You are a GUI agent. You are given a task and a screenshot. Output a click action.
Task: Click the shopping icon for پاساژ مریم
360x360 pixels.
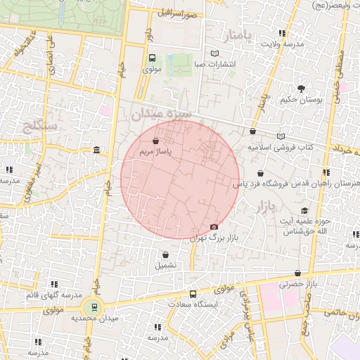click(x=155, y=141)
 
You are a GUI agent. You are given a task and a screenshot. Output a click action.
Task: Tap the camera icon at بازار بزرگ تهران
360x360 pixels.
click(x=214, y=226)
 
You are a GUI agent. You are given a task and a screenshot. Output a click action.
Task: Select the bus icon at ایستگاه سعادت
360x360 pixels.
click(x=193, y=295)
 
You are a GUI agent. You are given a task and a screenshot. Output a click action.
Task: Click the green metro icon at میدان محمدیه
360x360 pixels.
click(x=91, y=307)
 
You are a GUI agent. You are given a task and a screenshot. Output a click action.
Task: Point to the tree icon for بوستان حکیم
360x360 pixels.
click(x=301, y=89)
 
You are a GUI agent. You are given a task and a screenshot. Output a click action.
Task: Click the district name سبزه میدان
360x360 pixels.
click(x=161, y=115)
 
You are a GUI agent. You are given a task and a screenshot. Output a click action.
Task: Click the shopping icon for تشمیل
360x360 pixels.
click(x=165, y=255)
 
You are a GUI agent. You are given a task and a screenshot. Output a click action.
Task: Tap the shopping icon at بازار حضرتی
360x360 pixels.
click(x=298, y=274)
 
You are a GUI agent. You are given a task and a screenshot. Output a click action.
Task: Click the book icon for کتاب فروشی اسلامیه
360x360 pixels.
click(x=282, y=136)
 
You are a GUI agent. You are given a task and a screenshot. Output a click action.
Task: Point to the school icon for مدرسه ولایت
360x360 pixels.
click(x=282, y=33)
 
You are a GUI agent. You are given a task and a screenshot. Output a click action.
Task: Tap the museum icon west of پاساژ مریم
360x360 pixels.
click(x=96, y=150)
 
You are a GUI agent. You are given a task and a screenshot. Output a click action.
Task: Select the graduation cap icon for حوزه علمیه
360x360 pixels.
click(x=304, y=210)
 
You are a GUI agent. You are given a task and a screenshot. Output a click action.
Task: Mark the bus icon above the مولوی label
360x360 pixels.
click(x=153, y=58)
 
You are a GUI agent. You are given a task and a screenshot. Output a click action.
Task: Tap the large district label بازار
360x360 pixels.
click(x=260, y=206)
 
